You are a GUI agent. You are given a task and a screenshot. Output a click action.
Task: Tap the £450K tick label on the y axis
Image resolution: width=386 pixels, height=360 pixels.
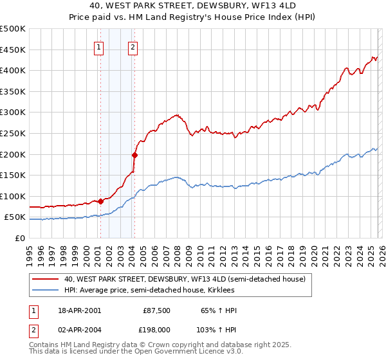point(13,50)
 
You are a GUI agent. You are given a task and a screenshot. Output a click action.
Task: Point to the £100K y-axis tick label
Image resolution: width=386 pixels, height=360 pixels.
point(13,196)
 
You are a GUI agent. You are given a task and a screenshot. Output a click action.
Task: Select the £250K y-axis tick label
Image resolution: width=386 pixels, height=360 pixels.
point(13,133)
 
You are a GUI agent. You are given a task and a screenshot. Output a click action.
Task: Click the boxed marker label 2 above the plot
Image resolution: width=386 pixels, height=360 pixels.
point(133,46)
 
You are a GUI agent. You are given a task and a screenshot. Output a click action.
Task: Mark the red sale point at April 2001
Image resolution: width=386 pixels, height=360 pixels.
point(100,201)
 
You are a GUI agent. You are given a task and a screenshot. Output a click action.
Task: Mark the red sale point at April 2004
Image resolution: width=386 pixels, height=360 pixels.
point(134,155)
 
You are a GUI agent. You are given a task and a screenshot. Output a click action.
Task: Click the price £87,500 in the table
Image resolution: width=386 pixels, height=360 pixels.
point(156,310)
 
